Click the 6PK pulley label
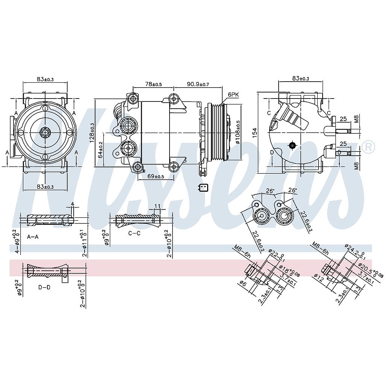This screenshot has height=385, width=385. coord(233,95)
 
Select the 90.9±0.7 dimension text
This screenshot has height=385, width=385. coord(198,84)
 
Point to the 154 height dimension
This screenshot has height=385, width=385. coord(255,132)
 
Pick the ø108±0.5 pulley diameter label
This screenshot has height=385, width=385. coord(238,132)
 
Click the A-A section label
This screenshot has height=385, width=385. coord(33,236)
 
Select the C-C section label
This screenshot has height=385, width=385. coord(134,233)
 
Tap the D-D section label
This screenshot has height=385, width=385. coord(44,287)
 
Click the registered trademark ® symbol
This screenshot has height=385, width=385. coord(368,147)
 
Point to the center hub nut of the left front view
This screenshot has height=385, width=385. coord(45,132)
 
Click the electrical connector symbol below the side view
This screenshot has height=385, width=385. coord(203,188)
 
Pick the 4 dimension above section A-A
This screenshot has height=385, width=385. coord(73,205)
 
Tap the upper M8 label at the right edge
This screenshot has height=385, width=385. coord(356,120)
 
